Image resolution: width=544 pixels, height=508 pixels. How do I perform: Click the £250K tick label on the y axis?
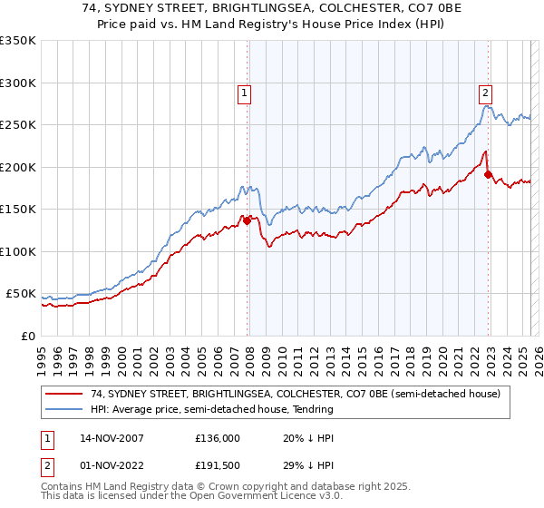click(18, 125)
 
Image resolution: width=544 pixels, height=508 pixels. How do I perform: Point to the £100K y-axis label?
click(18, 251)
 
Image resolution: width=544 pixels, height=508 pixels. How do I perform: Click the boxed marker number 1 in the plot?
click(245, 92)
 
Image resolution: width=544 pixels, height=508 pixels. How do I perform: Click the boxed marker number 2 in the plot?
click(486, 92)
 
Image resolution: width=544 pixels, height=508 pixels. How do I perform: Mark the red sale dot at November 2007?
click(247, 220)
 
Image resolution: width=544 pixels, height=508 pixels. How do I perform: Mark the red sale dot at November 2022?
click(488, 174)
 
